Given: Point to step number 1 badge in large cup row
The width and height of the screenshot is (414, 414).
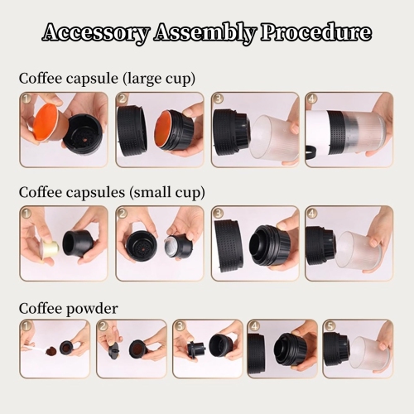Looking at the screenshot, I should pyautogui.click(x=26, y=99).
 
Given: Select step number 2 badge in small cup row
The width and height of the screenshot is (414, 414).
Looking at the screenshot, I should pyautogui.click(x=123, y=214).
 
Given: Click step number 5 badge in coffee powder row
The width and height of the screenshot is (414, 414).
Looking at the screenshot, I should pyautogui.click(x=330, y=327).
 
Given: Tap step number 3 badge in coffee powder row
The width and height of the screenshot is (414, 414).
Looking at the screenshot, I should pyautogui.click(x=179, y=327).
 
